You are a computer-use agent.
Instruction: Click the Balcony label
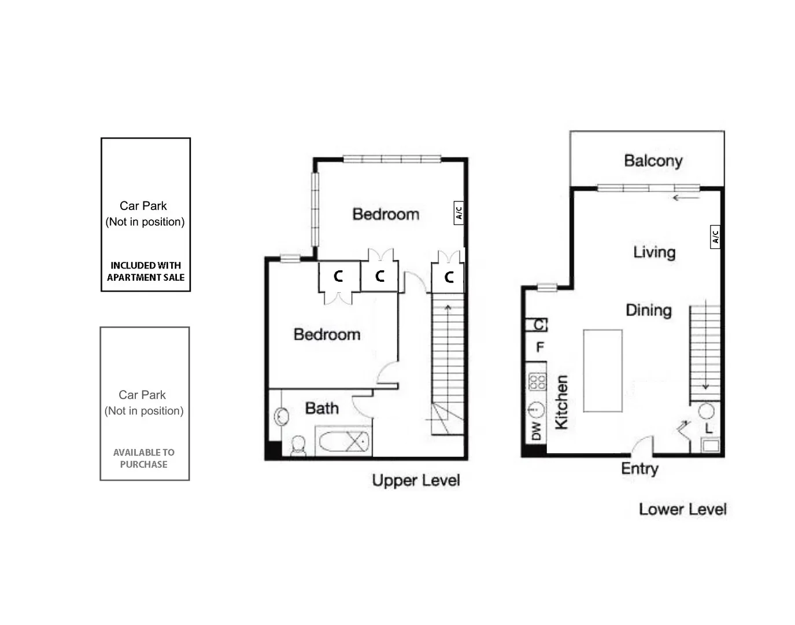(x=653, y=160)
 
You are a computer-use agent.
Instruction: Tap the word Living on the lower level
(x=654, y=252)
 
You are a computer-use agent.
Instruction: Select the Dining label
(x=648, y=310)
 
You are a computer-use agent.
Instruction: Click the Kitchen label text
(x=561, y=402)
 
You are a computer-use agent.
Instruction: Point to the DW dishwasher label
(x=536, y=431)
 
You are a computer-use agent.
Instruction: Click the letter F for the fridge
(x=539, y=347)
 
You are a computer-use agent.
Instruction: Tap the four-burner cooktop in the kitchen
(x=537, y=381)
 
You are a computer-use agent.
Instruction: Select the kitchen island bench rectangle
(x=602, y=370)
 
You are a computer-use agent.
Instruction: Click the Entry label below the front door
(x=639, y=468)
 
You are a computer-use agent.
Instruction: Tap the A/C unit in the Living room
(x=715, y=237)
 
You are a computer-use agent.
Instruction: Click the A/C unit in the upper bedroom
(x=458, y=213)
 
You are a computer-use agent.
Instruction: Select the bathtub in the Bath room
(x=343, y=442)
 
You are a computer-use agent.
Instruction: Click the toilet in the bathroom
(x=298, y=446)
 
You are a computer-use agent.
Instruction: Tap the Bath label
(x=321, y=408)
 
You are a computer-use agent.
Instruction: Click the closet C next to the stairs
(x=448, y=278)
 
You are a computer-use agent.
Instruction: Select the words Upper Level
(x=416, y=480)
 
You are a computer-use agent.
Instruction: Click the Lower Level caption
(x=682, y=509)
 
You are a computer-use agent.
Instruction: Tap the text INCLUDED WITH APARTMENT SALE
(x=146, y=271)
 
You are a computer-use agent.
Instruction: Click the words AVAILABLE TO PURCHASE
(x=144, y=458)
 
